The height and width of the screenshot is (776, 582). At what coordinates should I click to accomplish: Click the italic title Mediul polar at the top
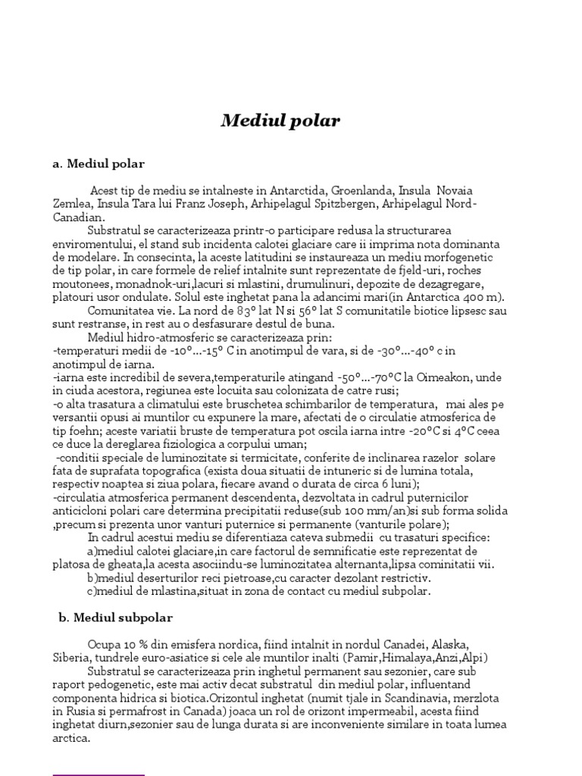[x=280, y=121]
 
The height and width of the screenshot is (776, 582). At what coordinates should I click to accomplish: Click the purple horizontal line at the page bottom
[x=99, y=774]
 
